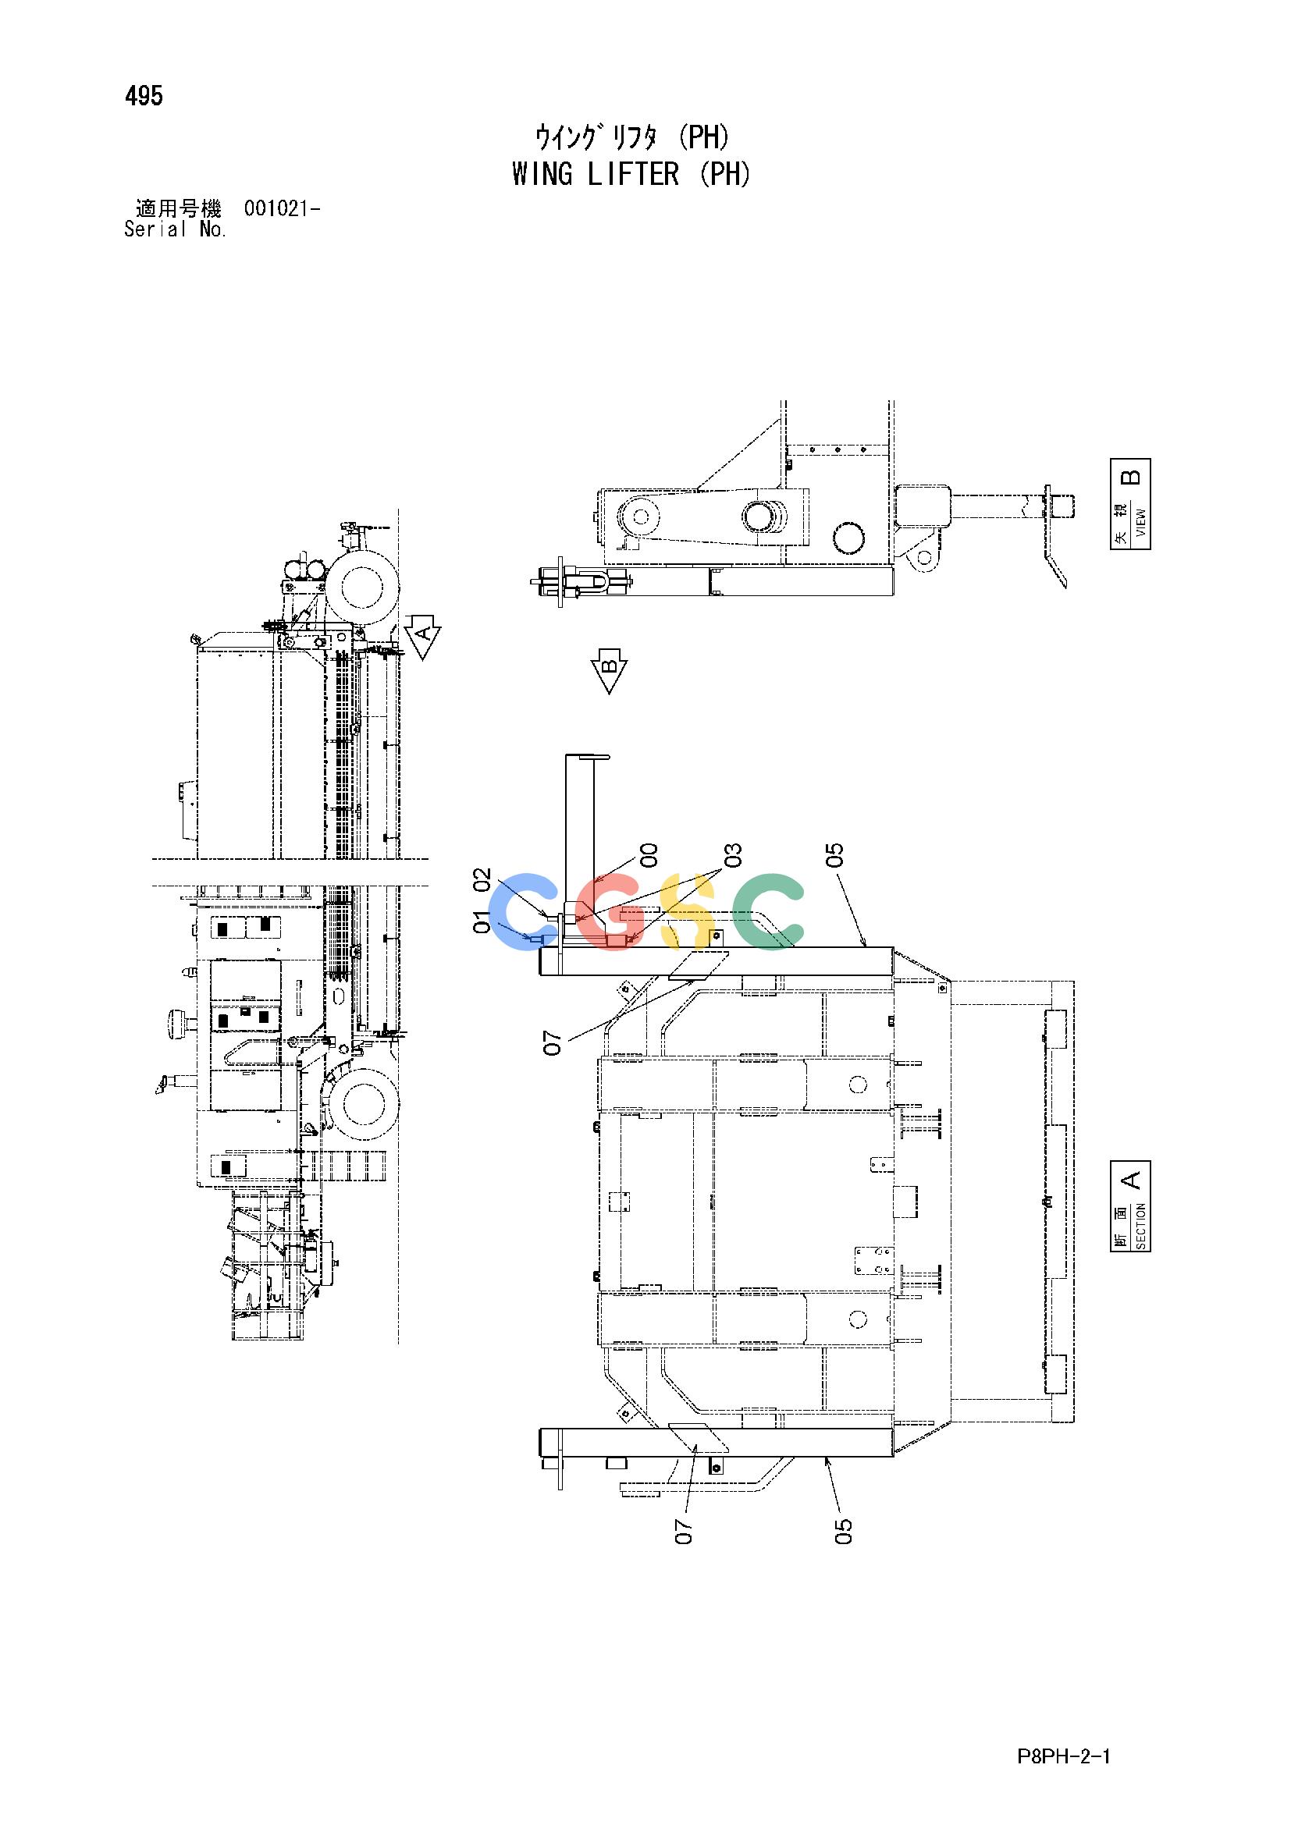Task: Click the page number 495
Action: pos(144,96)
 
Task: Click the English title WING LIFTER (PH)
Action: pos(631,174)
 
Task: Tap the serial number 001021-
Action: pos(283,209)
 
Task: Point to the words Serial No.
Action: pos(176,229)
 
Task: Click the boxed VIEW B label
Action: pos(1129,504)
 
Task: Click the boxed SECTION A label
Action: pos(1129,1205)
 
